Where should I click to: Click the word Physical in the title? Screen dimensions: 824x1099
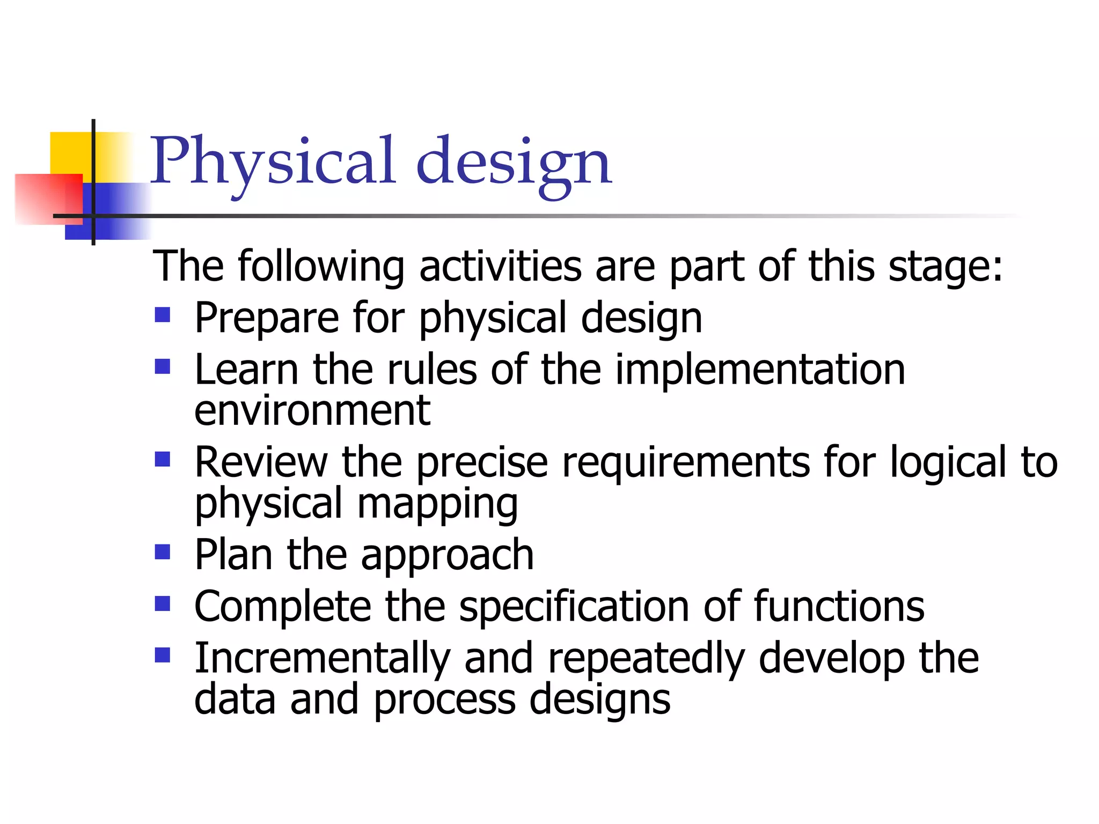click(x=273, y=161)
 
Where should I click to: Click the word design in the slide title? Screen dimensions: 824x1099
click(x=514, y=163)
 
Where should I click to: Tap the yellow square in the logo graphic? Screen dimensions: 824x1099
click(x=70, y=152)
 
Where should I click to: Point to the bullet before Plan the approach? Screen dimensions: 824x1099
click(x=162, y=551)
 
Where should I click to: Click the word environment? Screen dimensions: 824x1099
click(x=312, y=411)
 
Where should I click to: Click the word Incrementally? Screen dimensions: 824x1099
click(x=322, y=659)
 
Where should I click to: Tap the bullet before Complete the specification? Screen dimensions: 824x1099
click(x=162, y=604)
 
